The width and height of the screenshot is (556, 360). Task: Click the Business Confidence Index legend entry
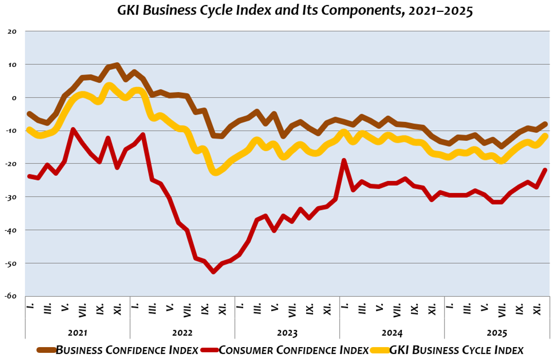pyautogui.click(x=126, y=350)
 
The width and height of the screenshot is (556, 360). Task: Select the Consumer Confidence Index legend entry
pyautogui.click(x=293, y=350)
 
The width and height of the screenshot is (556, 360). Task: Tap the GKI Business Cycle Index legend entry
pyautogui.click(x=457, y=350)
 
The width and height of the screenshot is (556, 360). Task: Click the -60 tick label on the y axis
pyautogui.click(x=13, y=296)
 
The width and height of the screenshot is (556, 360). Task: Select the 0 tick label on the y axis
pyautogui.click(x=15, y=98)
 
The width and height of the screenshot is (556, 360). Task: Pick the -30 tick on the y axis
pyautogui.click(x=13, y=197)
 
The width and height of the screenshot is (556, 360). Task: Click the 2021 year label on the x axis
pyautogui.click(x=78, y=332)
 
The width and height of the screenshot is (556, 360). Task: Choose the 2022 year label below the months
pyautogui.click(x=182, y=332)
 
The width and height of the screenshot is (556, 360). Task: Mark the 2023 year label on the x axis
pyautogui.click(x=287, y=332)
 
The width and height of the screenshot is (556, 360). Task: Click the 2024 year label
pyautogui.click(x=392, y=332)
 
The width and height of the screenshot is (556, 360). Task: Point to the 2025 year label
pyautogui.click(x=496, y=332)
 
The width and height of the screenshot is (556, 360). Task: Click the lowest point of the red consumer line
pyautogui.click(x=213, y=272)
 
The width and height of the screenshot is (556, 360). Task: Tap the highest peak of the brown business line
pyautogui.click(x=117, y=65)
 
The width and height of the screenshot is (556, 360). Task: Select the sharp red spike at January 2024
pyautogui.click(x=344, y=160)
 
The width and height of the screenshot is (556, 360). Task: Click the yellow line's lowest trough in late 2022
pyautogui.click(x=215, y=172)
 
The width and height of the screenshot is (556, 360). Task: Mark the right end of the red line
pyautogui.click(x=545, y=170)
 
